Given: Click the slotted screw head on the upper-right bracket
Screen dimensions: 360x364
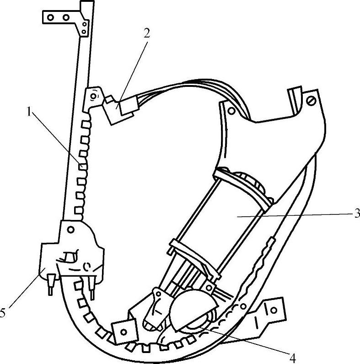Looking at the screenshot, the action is [x=312, y=98].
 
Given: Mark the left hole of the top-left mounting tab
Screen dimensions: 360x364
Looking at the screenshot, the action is [x=51, y=17].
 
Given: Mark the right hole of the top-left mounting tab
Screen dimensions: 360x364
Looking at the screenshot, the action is [x=66, y=17].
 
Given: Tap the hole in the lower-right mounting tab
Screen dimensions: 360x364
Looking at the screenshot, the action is [x=274, y=310].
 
